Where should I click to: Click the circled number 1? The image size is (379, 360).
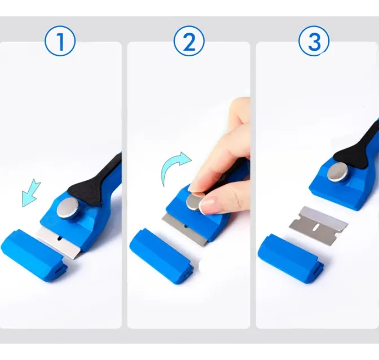pyautogui.click(x=60, y=41)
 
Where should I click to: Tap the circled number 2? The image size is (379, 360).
pyautogui.click(x=189, y=41)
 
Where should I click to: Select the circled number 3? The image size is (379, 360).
pyautogui.click(x=314, y=41)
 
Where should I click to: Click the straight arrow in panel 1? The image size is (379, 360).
pyautogui.click(x=31, y=193)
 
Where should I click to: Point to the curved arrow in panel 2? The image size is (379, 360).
pyautogui.click(x=169, y=164)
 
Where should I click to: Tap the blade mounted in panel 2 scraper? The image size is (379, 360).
pyautogui.click(x=185, y=229)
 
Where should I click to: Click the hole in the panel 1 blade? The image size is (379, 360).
pyautogui.click(x=59, y=238)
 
